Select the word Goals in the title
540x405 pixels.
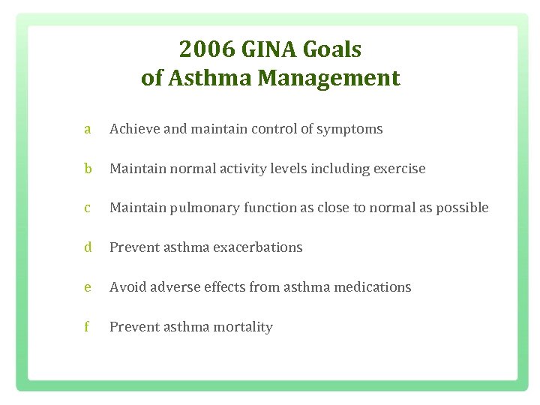pos(333,50)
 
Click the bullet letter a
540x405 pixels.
pos(88,129)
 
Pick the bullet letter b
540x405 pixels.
pos(88,169)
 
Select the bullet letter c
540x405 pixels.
pos(88,208)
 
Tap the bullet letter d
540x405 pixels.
pos(88,247)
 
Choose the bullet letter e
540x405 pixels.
pos(88,287)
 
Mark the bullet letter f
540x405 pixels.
pos(88,327)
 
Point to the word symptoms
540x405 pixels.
pos(349,130)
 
